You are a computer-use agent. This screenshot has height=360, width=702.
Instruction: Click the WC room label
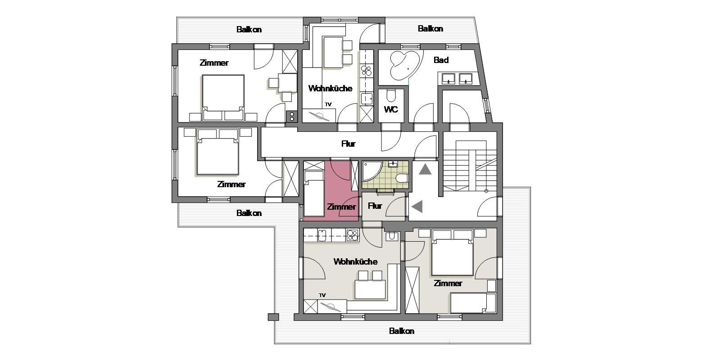pyautogui.click(x=391, y=109)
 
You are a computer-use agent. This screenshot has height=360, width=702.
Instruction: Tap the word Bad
pyautogui.click(x=441, y=60)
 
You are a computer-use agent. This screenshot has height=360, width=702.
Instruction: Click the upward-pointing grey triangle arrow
pyautogui.click(x=425, y=170)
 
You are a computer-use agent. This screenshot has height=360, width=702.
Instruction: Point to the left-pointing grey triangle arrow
pyautogui.click(x=417, y=207)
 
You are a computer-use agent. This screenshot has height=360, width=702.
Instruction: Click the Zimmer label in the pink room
pyautogui.click(x=341, y=207)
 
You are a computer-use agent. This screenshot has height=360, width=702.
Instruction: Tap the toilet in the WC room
pyautogui.click(x=391, y=95)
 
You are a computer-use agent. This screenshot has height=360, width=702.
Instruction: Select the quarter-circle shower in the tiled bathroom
pyautogui.click(x=371, y=171)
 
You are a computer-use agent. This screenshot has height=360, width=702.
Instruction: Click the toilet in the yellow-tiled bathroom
pyautogui.click(x=402, y=178)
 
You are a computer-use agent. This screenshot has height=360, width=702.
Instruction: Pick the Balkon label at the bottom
pyautogui.click(x=402, y=331)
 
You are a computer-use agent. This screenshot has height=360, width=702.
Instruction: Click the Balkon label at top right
pyautogui.click(x=430, y=28)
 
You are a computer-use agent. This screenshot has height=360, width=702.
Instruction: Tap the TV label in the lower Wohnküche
pyautogui.click(x=322, y=295)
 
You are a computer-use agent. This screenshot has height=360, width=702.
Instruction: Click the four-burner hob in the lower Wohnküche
pyautogui.click(x=353, y=236)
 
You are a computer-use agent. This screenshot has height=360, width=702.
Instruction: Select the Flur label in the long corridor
pyautogui.click(x=348, y=144)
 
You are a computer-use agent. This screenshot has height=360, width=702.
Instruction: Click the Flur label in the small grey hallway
pyautogui.click(x=375, y=206)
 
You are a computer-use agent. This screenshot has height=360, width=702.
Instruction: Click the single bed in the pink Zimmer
pyautogui.click(x=314, y=193)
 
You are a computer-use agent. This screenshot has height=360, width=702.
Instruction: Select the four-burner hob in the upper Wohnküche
pyautogui.click(x=366, y=71)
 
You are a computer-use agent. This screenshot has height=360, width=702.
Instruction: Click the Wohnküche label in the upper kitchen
pyautogui.click(x=331, y=88)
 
